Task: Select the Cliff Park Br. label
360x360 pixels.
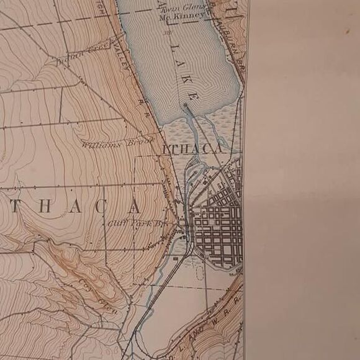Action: pos(138,222)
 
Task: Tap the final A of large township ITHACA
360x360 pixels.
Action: pos(135,206)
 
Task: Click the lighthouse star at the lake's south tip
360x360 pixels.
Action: pos(184,106)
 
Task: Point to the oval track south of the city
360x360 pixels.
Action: pos(199,271)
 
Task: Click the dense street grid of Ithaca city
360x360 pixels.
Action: pos(217,227)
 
